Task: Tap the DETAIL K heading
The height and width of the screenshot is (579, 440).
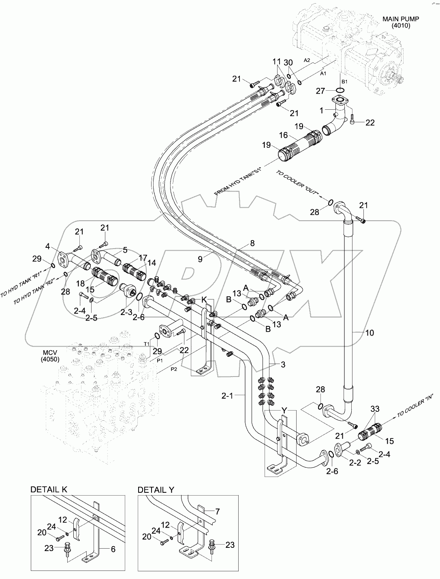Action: [x=49, y=490]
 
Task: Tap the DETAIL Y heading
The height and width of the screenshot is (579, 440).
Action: [x=156, y=490]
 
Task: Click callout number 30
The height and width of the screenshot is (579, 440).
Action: [x=288, y=62]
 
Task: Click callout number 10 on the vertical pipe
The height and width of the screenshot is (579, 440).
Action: [x=370, y=333]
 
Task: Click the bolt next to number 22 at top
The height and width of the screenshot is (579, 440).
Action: [x=353, y=118]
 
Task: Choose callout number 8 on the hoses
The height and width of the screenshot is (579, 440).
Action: [x=252, y=244]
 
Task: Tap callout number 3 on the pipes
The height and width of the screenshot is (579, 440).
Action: [x=283, y=364]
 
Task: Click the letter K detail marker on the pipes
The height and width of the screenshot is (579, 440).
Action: [x=205, y=300]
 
